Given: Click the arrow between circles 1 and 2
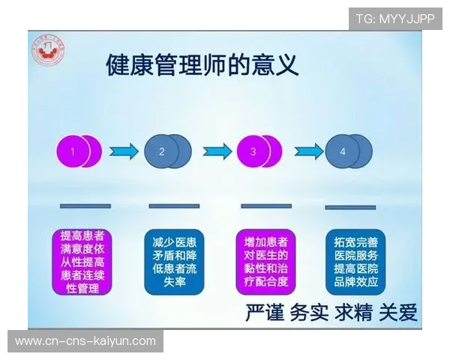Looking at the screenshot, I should click(x=124, y=151).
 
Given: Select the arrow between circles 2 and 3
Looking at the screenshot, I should click(x=216, y=151).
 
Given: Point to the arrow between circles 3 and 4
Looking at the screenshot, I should click(x=307, y=151).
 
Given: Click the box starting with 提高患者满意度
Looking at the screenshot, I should click(x=82, y=262).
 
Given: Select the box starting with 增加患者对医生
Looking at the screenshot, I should click(x=266, y=262).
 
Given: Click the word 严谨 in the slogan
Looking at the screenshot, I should click(x=265, y=312).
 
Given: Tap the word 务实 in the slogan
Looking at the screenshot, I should click(x=310, y=312).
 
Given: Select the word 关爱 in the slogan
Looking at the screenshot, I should click(x=398, y=312).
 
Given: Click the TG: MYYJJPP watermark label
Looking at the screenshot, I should click(x=395, y=19).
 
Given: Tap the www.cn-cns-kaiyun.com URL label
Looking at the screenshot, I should click(x=85, y=341).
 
